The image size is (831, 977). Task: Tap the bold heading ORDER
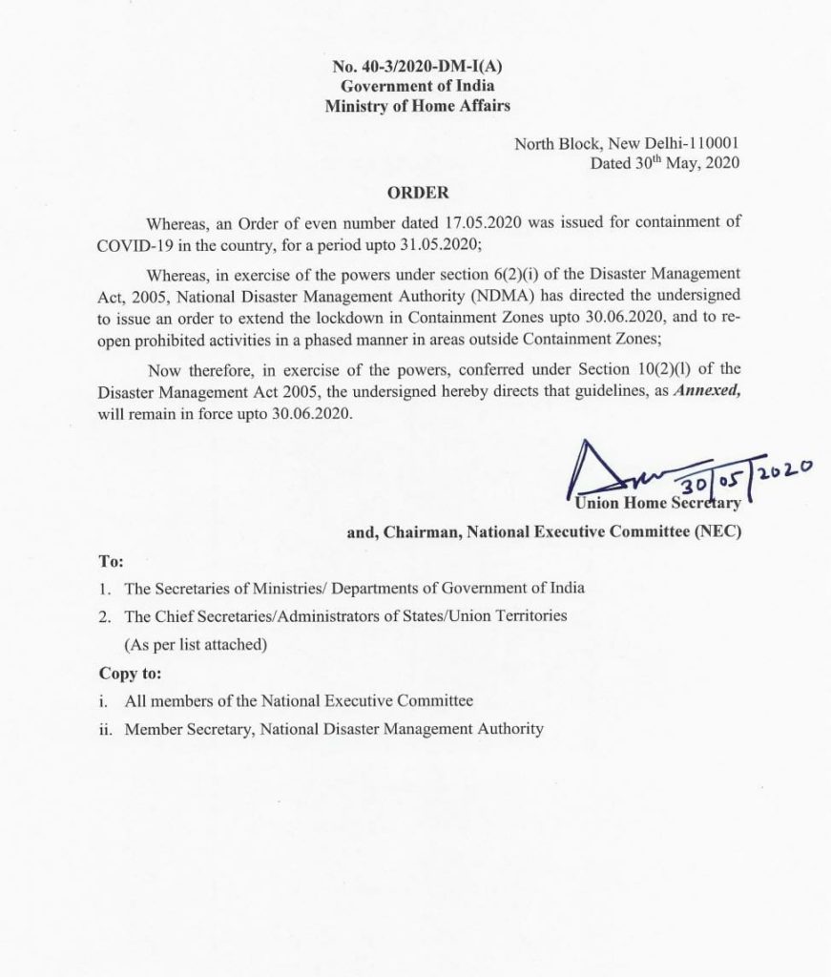point(419,192)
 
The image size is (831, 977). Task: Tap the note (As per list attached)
point(196,644)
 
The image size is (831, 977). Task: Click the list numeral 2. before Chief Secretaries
point(105,616)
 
